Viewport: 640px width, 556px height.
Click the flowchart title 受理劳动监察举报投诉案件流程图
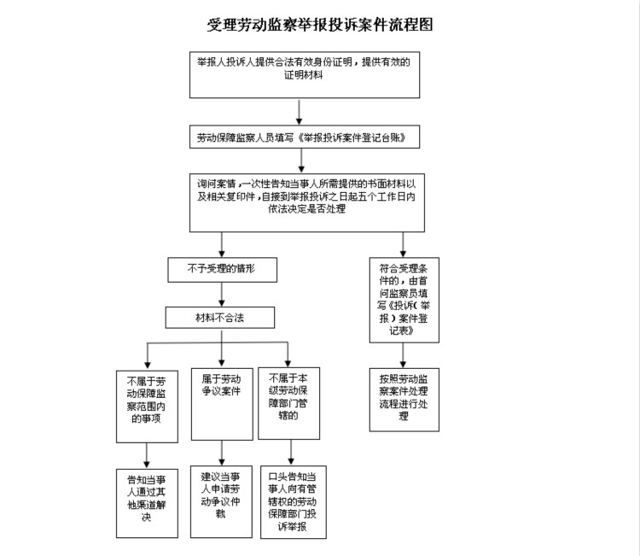[319, 25]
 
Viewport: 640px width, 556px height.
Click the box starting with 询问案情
[306, 202]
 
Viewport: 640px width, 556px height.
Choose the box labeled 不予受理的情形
[221, 270]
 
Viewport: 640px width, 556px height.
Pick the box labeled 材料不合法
[221, 318]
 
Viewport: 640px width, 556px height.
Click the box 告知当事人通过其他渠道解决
[147, 503]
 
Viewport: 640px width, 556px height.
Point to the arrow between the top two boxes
[298, 111]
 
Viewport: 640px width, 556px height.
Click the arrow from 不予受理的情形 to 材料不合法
[222, 294]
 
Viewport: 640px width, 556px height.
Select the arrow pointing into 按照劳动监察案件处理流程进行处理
[404, 355]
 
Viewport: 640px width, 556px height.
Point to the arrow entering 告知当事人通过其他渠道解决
[147, 455]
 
